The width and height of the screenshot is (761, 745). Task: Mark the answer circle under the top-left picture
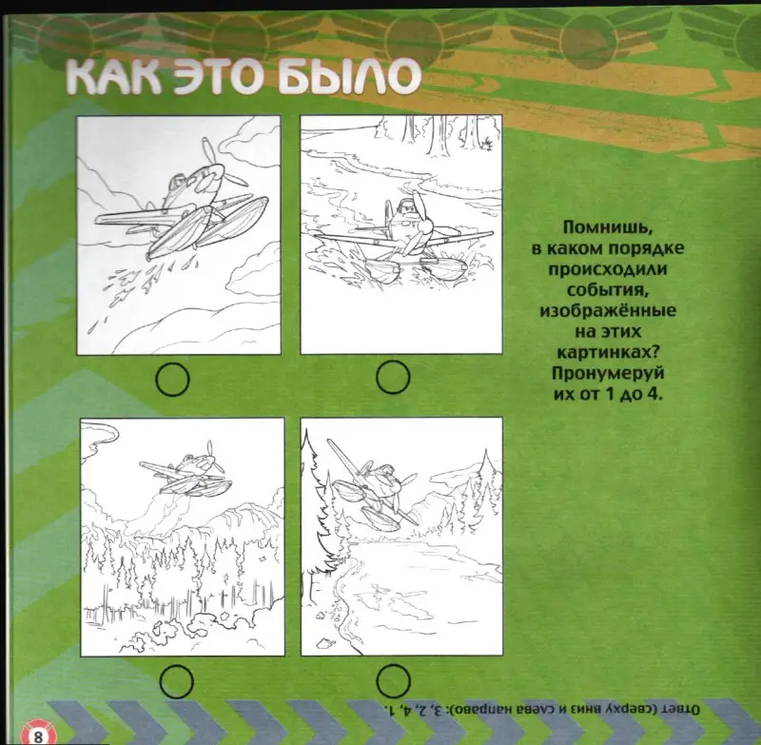(x=172, y=380)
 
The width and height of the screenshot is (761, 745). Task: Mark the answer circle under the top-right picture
(x=392, y=380)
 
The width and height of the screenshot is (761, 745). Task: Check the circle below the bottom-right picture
(x=392, y=679)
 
